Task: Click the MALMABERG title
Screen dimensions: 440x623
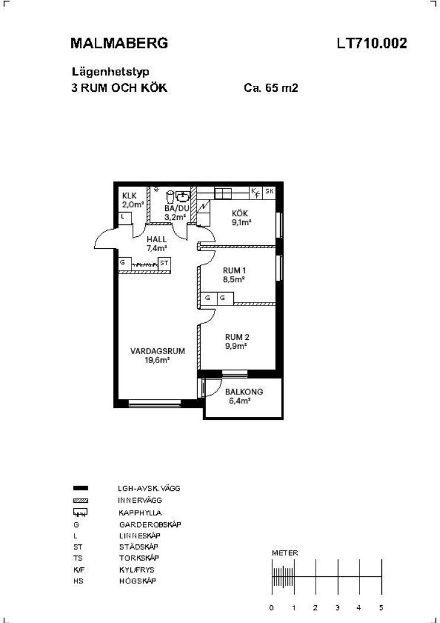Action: coord(119,43)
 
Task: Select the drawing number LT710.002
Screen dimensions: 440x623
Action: coord(372,43)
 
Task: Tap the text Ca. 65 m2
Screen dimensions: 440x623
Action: coord(271,88)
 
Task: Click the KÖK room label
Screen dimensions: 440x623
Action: coord(240,214)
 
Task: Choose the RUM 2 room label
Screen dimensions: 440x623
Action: coord(237,338)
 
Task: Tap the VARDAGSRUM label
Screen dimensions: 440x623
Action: coord(158,351)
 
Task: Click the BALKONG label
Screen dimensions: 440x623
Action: coord(244,392)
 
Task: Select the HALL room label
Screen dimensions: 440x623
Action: coord(156,240)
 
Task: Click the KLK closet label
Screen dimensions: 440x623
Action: coord(130,196)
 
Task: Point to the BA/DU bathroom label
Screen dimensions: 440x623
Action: coord(177,208)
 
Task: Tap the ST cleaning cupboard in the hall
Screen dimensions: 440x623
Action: coord(165,263)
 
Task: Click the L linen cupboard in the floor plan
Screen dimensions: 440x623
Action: coord(126,218)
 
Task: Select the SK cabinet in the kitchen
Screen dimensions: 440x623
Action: coord(269,191)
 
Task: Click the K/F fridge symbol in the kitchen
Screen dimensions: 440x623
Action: coord(256,192)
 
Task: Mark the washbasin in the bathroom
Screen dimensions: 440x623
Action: coord(183,195)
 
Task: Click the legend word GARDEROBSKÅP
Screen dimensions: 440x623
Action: coord(150,525)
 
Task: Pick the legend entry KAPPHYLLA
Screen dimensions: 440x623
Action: coord(140,513)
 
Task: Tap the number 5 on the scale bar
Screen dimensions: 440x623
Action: coord(381,608)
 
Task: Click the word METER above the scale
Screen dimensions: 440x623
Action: coord(285,553)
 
